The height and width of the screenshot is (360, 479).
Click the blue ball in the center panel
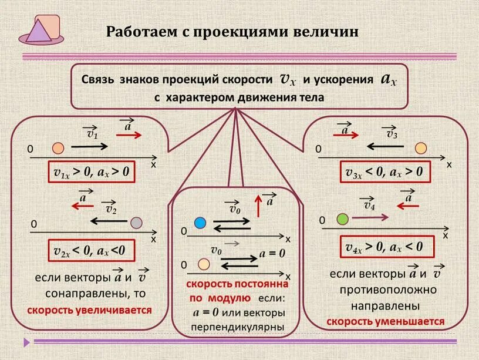pos(200,223)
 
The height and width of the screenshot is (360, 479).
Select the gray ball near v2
pos(136,222)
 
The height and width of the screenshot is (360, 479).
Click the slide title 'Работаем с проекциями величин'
pos(232,31)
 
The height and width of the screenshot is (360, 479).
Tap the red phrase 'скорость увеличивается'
pos(89,309)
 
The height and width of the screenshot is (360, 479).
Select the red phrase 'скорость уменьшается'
pos(385,322)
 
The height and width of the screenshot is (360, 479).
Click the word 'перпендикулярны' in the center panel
pos(238,327)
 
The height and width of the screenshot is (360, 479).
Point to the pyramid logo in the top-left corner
pos(40,30)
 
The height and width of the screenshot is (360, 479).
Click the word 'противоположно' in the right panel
pos(387,290)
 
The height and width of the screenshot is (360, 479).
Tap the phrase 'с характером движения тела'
pos(239,97)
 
